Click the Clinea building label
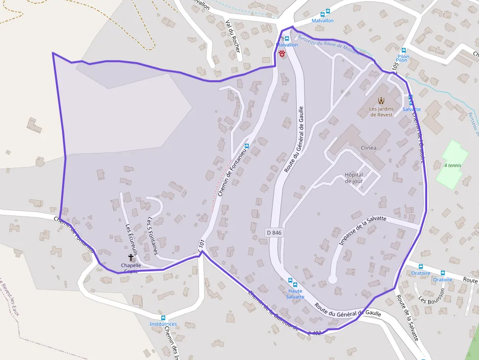click(368, 148)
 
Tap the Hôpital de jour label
click(354, 178)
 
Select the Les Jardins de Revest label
click(381, 112)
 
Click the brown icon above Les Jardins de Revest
click(381, 101)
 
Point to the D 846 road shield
click(274, 233)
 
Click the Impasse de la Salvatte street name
click(362, 231)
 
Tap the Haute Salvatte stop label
click(295, 294)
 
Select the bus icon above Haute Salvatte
click(290, 281)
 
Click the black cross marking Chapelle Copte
click(131, 257)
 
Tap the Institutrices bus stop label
click(163, 324)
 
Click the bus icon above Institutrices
click(163, 318)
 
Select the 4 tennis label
click(453, 166)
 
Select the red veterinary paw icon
click(282, 54)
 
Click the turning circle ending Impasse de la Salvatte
click(332, 279)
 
